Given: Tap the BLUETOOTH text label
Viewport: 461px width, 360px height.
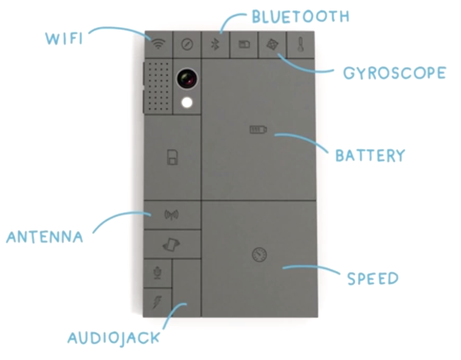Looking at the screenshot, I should [x=300, y=16].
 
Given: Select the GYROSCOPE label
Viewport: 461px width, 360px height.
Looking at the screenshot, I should [x=394, y=73].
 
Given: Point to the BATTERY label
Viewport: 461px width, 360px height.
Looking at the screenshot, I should [x=370, y=156].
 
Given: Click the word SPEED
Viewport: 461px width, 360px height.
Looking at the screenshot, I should [x=373, y=278].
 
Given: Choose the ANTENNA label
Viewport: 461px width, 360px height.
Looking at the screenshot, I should [x=45, y=237].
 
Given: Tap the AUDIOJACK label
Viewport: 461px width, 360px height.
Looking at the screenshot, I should [x=113, y=337].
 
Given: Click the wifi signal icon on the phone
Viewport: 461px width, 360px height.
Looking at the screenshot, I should [x=158, y=44].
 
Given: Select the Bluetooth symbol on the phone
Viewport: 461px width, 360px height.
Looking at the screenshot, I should [x=215, y=44].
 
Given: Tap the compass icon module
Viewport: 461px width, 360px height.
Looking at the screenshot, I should [x=186, y=44].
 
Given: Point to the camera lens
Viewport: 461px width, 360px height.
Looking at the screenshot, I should [x=186, y=79].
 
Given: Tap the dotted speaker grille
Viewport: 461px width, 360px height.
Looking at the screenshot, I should [x=158, y=86].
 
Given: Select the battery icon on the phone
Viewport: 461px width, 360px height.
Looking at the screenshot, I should [x=258, y=129].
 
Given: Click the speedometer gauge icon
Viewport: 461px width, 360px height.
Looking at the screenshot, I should [x=259, y=255].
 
